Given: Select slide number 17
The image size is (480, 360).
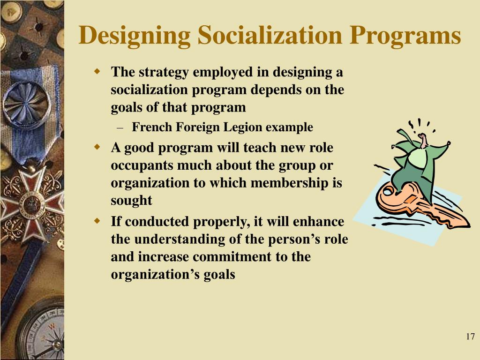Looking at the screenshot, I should (x=471, y=337).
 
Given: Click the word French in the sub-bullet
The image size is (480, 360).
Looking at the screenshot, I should (x=149, y=127).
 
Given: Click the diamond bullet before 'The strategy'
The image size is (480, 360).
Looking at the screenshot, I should (x=97, y=72).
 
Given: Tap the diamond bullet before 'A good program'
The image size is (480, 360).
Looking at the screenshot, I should (x=97, y=147).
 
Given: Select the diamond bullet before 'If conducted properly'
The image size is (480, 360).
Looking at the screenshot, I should (x=97, y=221).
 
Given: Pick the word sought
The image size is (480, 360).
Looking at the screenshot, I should (x=131, y=201).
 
